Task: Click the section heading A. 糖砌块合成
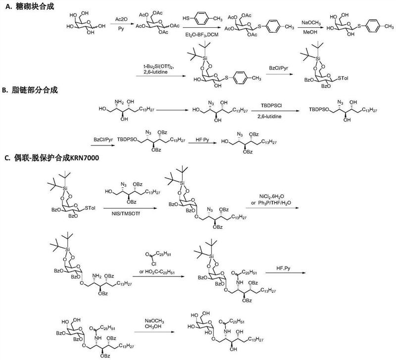(30, 6)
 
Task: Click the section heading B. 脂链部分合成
(30, 90)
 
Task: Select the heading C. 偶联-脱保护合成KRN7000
(52, 158)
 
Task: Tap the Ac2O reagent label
(121, 19)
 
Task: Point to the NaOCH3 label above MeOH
(311, 23)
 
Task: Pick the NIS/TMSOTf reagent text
(126, 214)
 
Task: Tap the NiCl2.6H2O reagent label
(271, 196)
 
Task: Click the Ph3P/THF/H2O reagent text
(274, 203)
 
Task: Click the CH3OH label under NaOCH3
(153, 326)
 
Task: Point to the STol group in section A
(343, 78)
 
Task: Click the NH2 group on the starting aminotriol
(119, 102)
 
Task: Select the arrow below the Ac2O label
(121, 24)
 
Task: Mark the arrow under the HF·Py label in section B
(202, 143)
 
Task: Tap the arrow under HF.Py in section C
(286, 272)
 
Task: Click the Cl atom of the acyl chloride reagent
(154, 264)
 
